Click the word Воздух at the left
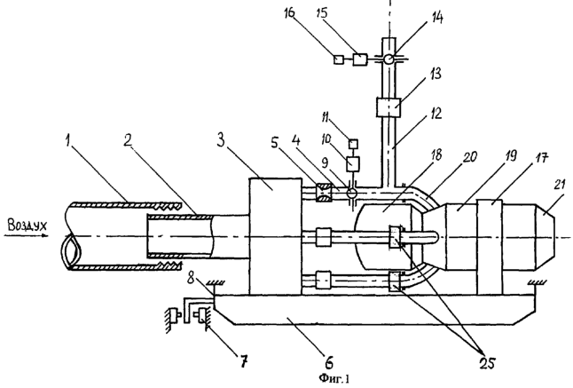click(27, 226)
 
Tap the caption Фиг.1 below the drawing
click(334, 378)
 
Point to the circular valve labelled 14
click(389, 59)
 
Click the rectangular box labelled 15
click(360, 59)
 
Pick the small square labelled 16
click(338, 59)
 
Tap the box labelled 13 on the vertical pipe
click(389, 107)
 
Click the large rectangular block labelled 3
click(275, 236)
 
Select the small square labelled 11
click(353, 144)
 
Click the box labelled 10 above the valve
click(353, 163)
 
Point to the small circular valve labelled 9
click(353, 193)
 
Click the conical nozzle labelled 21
click(546, 236)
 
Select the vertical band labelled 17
click(490, 247)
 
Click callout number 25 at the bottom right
click(488, 362)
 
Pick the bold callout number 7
click(243, 361)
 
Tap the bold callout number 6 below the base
click(328, 362)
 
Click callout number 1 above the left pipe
click(67, 142)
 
